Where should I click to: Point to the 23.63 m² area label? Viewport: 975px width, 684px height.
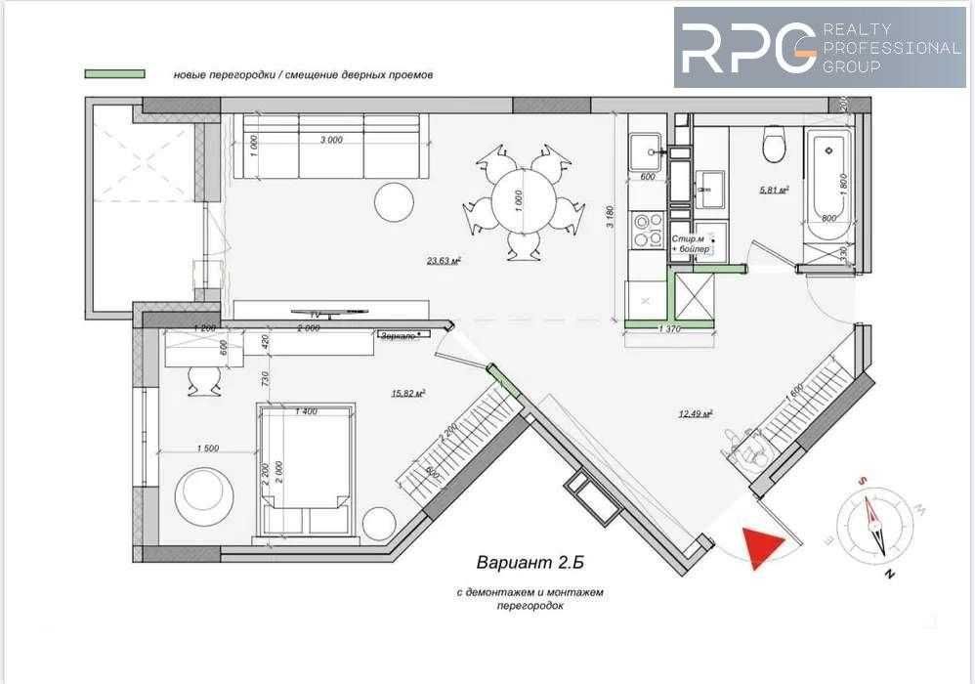(x=444, y=261)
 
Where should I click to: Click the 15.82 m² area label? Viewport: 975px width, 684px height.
(x=407, y=394)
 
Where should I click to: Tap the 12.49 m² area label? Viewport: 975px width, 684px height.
(x=695, y=414)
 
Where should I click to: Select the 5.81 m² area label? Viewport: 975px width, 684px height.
(x=774, y=190)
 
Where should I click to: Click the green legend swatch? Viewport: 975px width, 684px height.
(x=115, y=73)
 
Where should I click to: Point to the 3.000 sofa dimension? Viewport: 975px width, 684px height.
(x=331, y=140)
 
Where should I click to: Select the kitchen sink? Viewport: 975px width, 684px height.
(x=644, y=150)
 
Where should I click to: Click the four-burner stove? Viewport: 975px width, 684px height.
(x=646, y=231)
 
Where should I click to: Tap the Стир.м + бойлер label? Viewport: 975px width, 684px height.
(x=693, y=244)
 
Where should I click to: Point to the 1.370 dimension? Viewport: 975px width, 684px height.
(x=670, y=330)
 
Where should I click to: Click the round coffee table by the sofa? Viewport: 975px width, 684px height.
(x=396, y=202)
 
